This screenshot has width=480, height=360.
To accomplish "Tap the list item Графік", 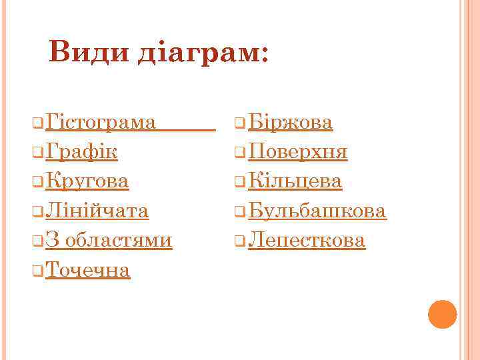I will pos(82,152).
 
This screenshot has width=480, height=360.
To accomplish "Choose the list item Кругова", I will pos(88,181).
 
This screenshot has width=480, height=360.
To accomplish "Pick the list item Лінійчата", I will pos(97,211).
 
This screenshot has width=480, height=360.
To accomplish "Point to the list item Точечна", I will pos(88,269).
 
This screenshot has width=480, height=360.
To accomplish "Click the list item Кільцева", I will pos(295,181).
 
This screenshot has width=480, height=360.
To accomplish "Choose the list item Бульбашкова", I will pos(317,211).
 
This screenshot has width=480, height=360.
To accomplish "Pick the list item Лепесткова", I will pos(307,240).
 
